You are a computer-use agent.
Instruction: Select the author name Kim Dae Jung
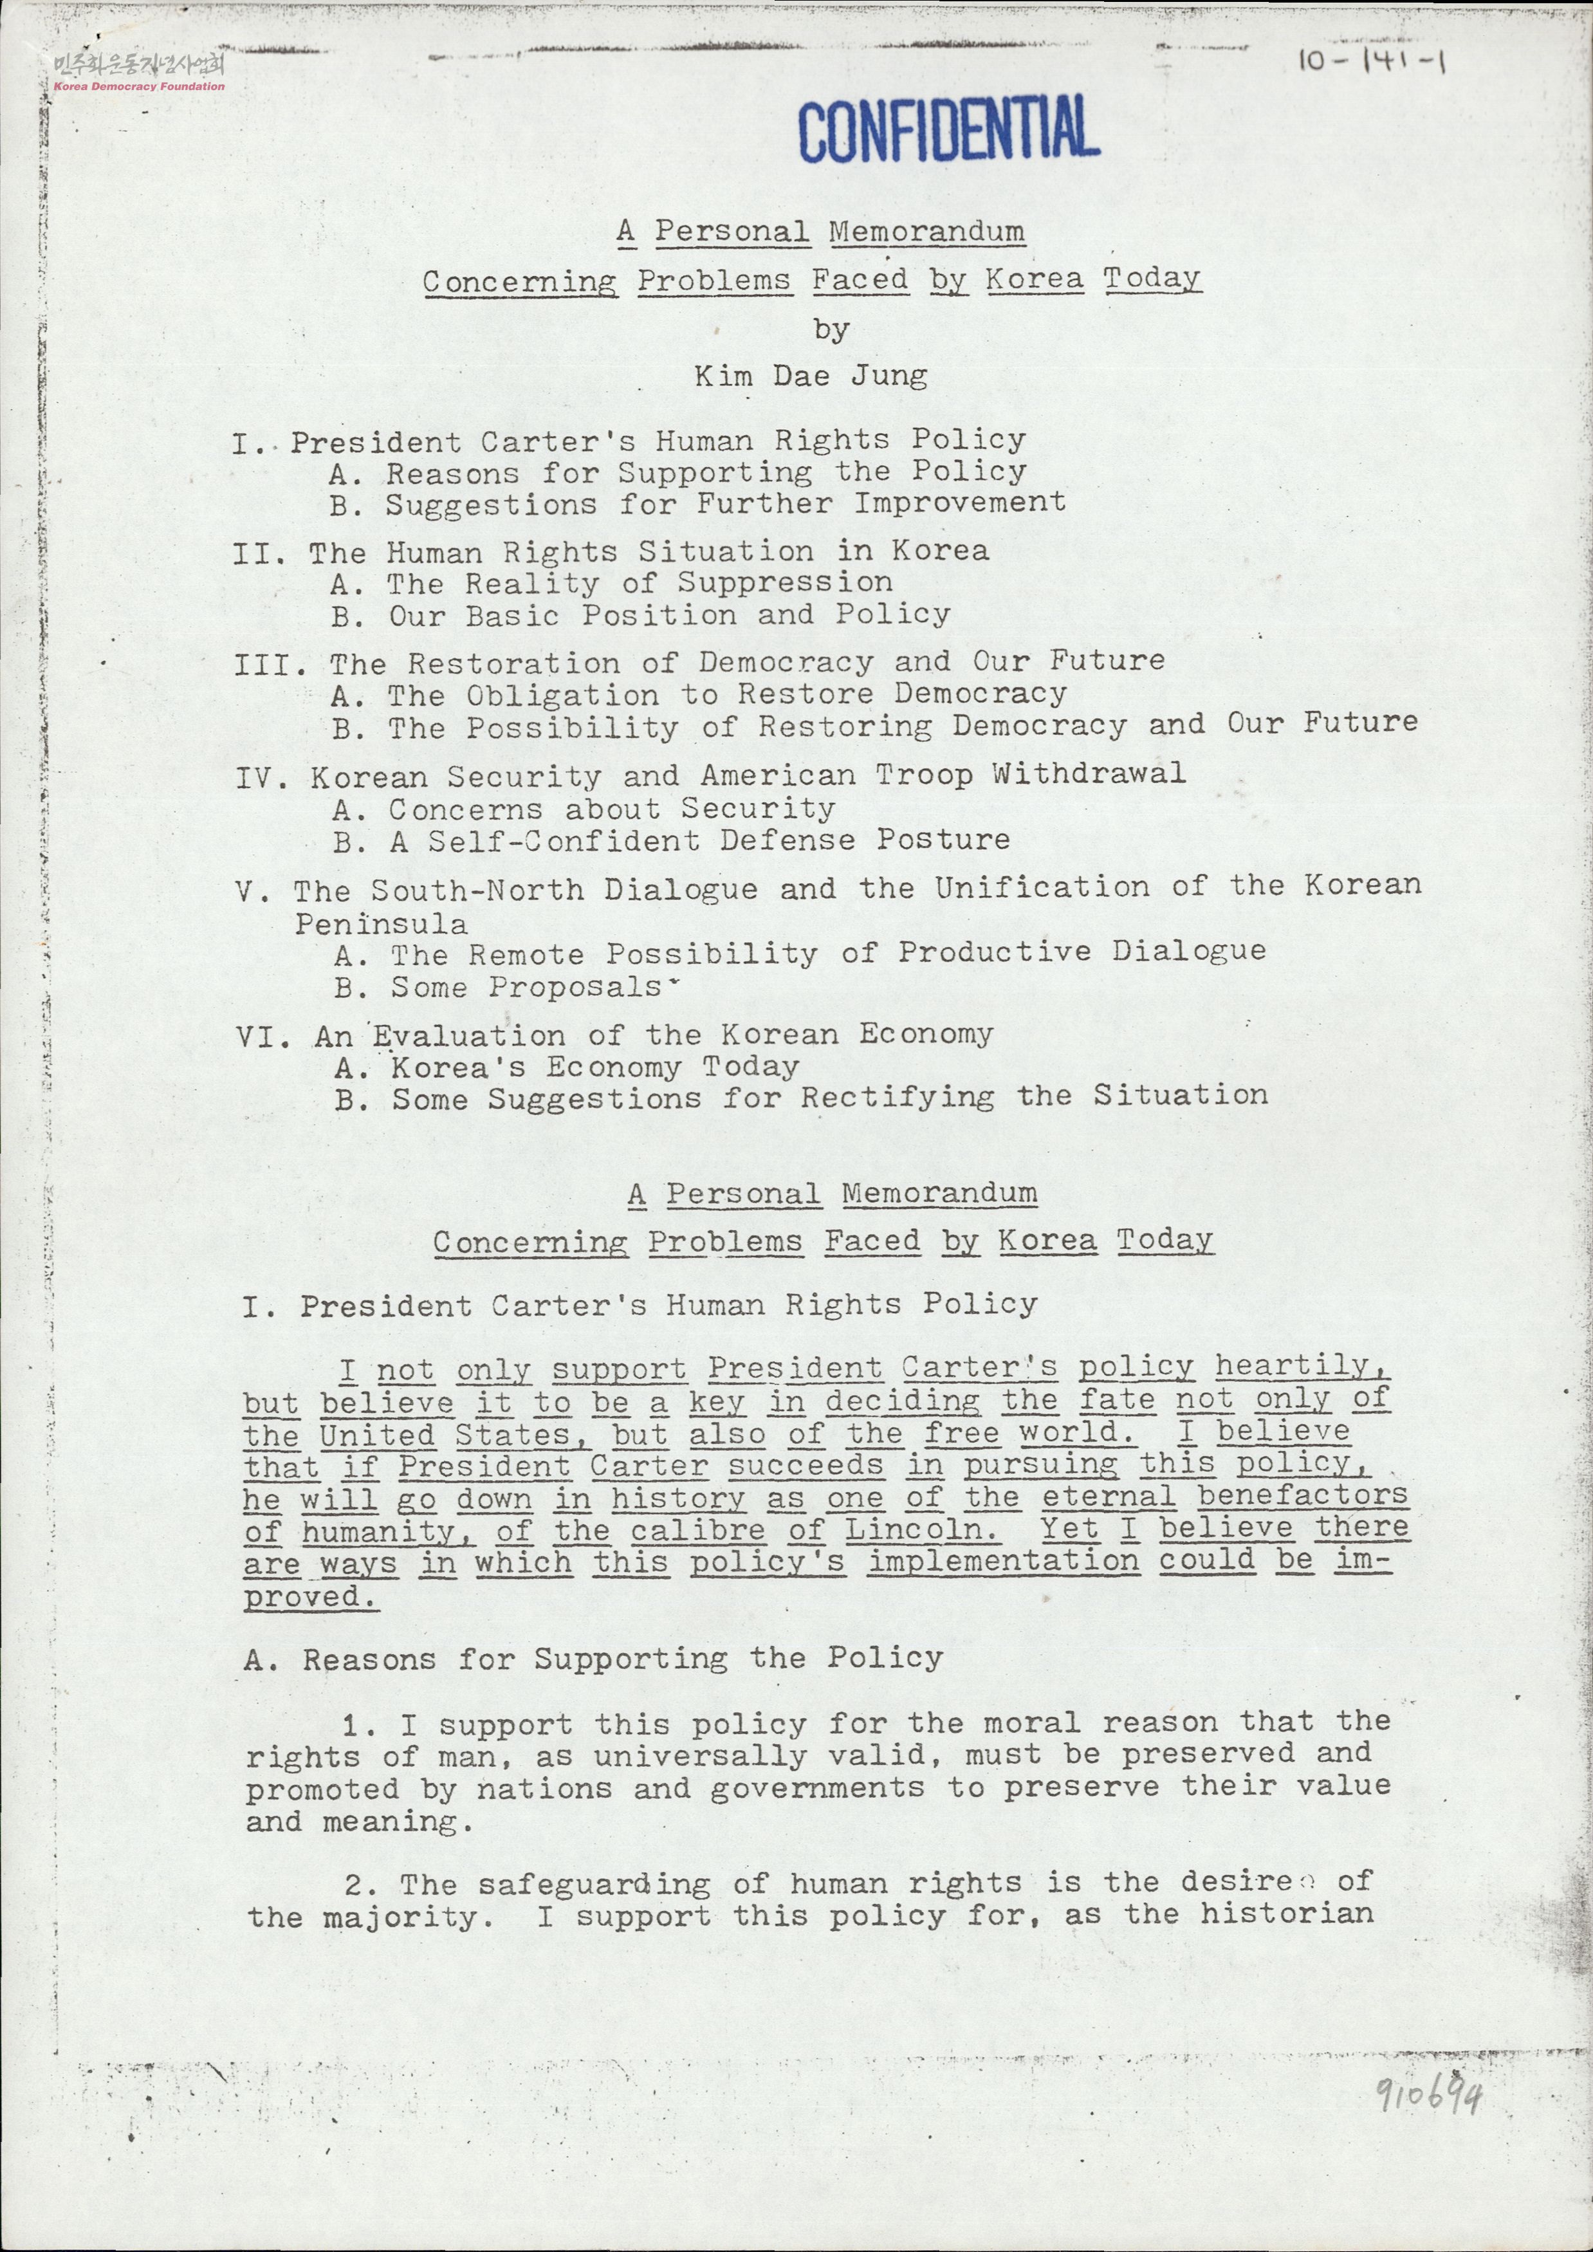pyautogui.click(x=810, y=376)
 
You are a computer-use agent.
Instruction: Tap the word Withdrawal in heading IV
pyautogui.click(x=1088, y=774)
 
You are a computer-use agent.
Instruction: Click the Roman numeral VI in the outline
pyautogui.click(x=264, y=1037)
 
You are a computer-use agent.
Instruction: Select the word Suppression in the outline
pyautogui.click(x=785, y=582)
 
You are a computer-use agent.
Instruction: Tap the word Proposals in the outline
pyautogui.click(x=575, y=987)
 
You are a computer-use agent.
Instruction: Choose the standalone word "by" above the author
pyautogui.click(x=831, y=329)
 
